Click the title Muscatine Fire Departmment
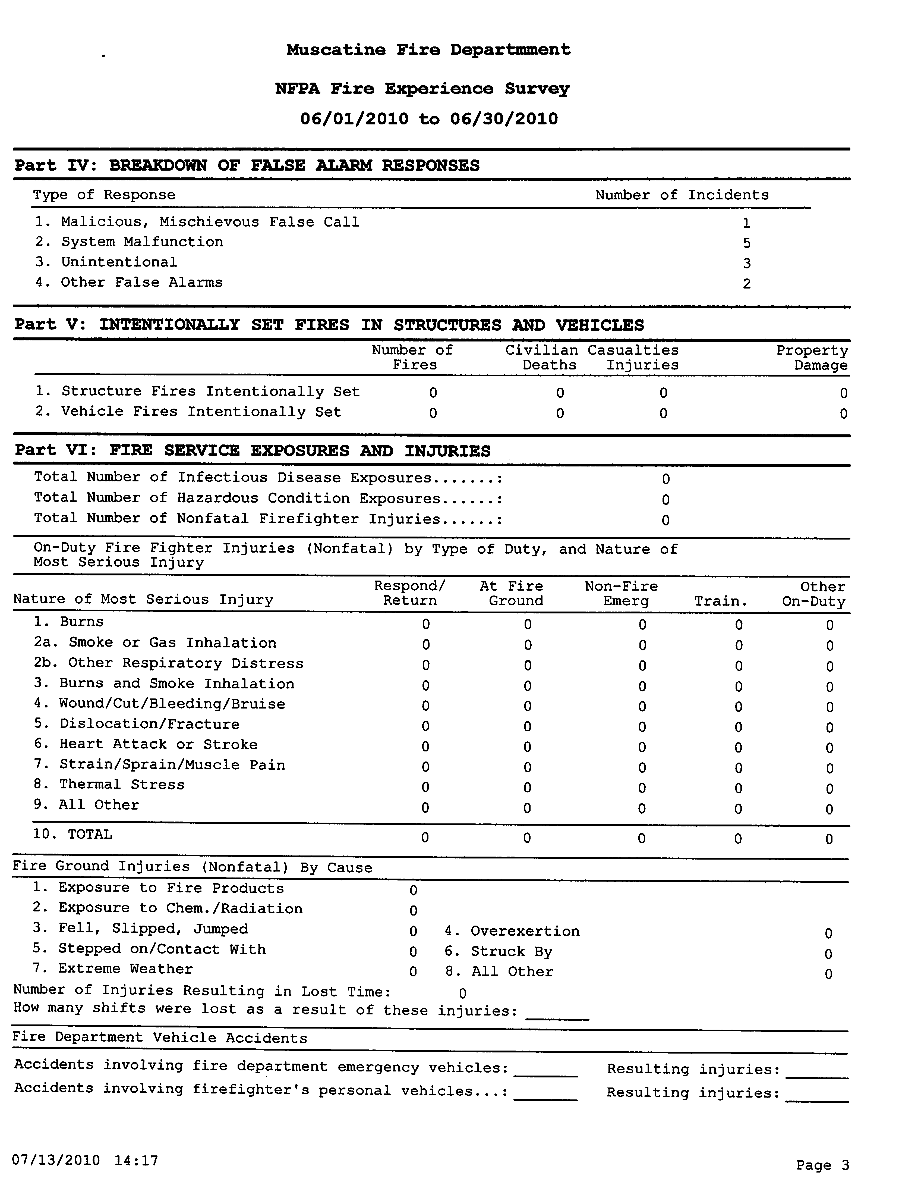coord(428,50)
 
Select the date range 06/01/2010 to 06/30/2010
coord(429,119)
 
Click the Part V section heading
coord(329,325)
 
